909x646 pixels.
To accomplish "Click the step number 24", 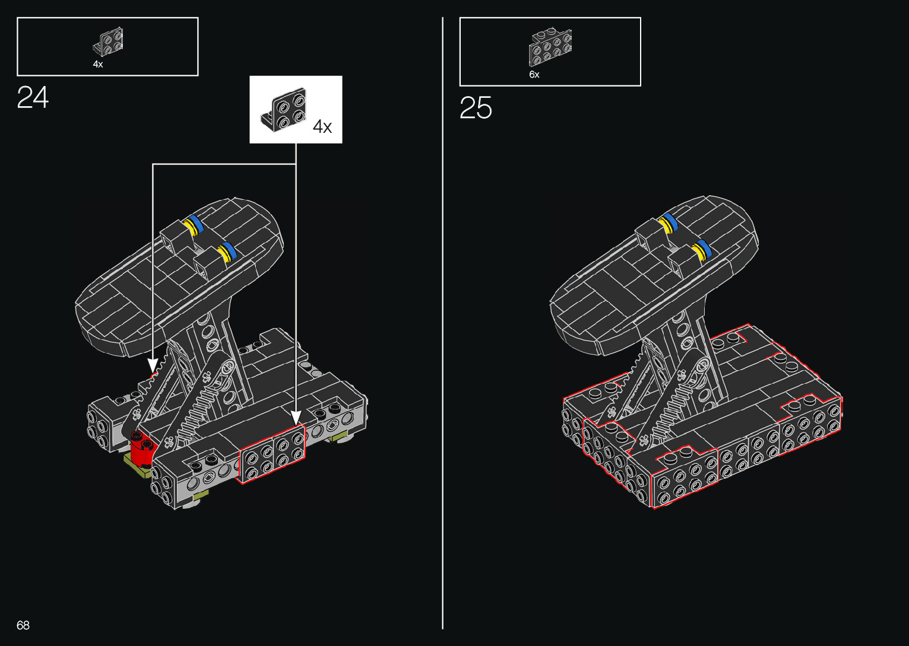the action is click(33, 98).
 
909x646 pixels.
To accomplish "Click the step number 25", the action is click(476, 108).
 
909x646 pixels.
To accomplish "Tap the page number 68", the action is click(23, 625).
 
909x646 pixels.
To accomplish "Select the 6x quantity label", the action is click(534, 75).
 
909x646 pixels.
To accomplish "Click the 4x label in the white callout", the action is click(322, 126).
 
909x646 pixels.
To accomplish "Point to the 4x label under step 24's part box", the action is click(98, 64).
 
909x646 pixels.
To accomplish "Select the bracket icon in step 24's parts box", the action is click(109, 42).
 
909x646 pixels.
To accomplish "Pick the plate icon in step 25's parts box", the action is click(550, 46).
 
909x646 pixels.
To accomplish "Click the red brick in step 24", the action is click(142, 449).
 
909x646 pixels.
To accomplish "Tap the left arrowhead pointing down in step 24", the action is click(153, 364).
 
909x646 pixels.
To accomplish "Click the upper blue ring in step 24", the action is click(196, 224).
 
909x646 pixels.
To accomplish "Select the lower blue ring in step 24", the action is click(229, 250).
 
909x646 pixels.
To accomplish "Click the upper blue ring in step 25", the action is click(671, 221).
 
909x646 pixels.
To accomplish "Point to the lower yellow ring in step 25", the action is click(697, 252).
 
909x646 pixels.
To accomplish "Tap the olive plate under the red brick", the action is click(137, 466).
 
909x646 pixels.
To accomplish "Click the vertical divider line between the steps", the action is click(442, 323).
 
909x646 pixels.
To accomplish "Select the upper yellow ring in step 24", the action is click(189, 227).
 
